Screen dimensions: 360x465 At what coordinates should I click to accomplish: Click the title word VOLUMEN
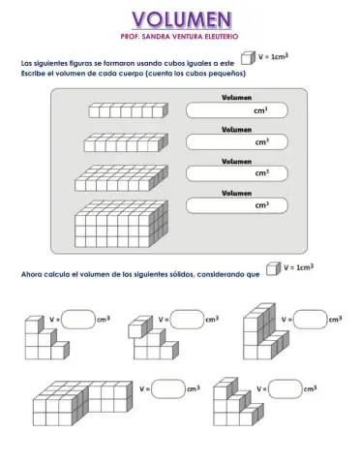[x=182, y=19]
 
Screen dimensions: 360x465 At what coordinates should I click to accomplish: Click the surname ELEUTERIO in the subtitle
[x=222, y=37]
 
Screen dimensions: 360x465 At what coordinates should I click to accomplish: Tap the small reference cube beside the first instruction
[x=248, y=58]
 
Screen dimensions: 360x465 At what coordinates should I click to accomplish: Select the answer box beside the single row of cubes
[x=237, y=110]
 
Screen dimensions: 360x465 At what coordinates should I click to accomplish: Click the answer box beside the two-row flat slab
[x=237, y=142]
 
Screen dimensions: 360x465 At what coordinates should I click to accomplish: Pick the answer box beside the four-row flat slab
[x=237, y=173]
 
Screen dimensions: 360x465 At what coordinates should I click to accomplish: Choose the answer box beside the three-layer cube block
[x=237, y=205]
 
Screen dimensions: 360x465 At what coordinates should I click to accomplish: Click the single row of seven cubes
[x=129, y=110]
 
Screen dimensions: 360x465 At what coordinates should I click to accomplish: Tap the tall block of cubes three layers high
[x=121, y=224]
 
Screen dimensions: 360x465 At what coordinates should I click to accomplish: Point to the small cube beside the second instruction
[x=273, y=268]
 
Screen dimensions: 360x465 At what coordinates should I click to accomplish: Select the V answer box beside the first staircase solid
[x=78, y=320]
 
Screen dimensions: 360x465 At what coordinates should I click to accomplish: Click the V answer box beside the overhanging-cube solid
[x=187, y=320]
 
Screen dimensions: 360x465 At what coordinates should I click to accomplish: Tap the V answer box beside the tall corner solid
[x=311, y=320]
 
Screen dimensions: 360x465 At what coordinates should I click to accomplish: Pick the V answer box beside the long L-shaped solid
[x=168, y=389]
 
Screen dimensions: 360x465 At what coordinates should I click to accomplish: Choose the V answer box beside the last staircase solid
[x=285, y=389]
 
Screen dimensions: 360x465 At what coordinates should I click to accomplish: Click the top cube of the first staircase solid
[x=34, y=325]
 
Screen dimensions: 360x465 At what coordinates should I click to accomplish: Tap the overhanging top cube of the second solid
[x=140, y=327]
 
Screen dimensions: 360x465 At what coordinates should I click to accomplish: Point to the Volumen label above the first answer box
[x=236, y=98]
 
